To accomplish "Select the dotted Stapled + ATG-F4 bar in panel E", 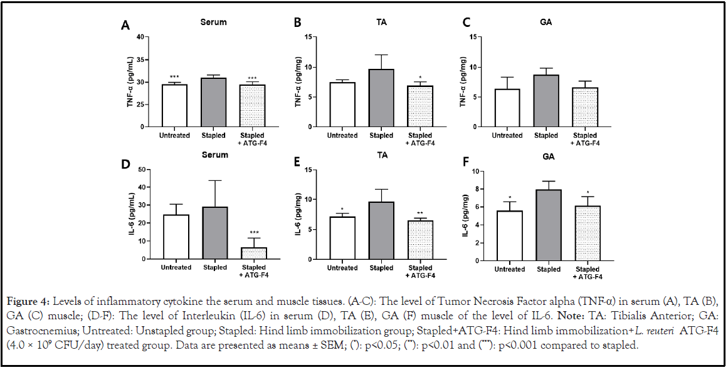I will (x=420, y=240).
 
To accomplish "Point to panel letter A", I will (x=125, y=26).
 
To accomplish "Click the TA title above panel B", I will (x=381, y=23).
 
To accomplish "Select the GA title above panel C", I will (x=546, y=23).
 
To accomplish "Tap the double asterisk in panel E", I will (x=420, y=213).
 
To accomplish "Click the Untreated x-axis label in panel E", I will (x=342, y=268).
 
